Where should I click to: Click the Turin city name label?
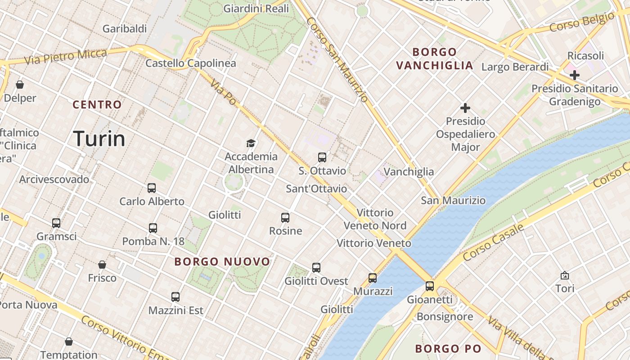(99, 139)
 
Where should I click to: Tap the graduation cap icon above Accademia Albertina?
(251, 143)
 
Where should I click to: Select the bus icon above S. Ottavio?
(322, 157)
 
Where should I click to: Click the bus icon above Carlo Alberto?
(152, 188)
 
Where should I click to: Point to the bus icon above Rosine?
(285, 218)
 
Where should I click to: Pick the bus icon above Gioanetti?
(430, 286)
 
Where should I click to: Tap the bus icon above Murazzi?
(373, 278)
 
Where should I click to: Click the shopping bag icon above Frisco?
(102, 265)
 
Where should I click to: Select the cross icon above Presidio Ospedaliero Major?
(465, 108)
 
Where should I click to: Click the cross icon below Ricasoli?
(575, 75)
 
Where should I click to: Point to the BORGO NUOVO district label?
(222, 261)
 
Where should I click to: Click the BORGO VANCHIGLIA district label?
(435, 58)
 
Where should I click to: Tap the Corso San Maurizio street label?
(337, 59)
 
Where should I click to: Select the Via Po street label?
(223, 93)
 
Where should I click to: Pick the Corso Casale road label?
(494, 242)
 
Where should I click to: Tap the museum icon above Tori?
(565, 275)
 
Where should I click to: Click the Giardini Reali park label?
(256, 9)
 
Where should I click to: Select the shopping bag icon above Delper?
(20, 85)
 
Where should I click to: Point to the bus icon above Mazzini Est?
(175, 297)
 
